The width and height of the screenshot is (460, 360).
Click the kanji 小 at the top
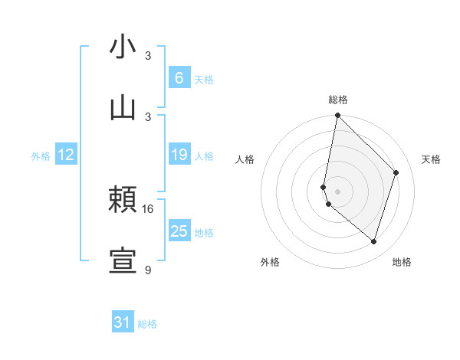coord(123,47)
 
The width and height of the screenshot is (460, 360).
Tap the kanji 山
coord(123,106)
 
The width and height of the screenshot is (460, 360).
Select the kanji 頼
coord(123,200)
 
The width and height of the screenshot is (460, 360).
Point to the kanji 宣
coord(123,260)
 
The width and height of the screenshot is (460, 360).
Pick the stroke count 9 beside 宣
coord(148,270)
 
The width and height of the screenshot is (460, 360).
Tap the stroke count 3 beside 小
coord(148,56)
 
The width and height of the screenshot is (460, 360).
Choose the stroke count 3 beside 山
coord(148,116)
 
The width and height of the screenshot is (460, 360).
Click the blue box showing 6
coord(179,78)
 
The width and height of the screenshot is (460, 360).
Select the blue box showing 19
coord(179,155)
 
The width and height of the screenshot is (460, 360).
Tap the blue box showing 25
coord(179,231)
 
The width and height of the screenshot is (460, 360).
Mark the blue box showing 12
coord(66,155)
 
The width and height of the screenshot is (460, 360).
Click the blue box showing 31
coord(123,323)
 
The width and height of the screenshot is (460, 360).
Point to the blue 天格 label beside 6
coord(204,79)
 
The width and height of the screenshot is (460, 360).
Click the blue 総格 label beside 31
coord(147,324)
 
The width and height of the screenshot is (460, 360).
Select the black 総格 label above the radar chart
coord(337,100)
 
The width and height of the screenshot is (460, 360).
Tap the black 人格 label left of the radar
coord(245,159)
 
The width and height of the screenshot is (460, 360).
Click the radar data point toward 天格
coord(396,172)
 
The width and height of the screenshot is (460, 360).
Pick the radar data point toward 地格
coord(373,241)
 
